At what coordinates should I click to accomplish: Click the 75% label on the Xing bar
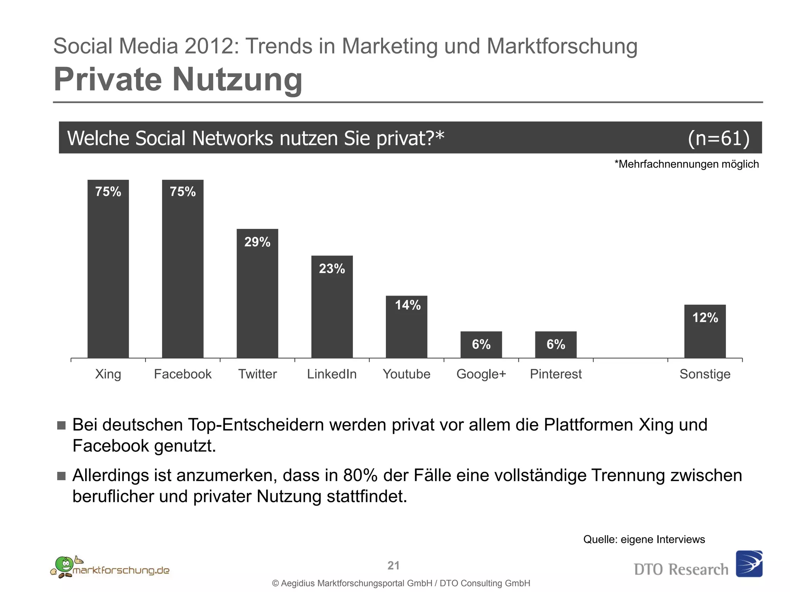pos(108,192)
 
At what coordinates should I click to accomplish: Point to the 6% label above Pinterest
pos(555,344)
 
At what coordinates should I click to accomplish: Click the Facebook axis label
pos(182,374)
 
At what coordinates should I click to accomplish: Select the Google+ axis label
pos(481,374)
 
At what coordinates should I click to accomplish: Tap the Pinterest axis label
pos(555,374)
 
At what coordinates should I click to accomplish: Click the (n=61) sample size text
pos(719,138)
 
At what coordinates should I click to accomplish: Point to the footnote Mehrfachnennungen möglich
pos(687,164)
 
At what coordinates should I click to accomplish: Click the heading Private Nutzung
pos(178,79)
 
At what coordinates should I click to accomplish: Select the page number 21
pos(393,565)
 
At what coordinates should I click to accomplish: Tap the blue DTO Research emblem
pos(749,563)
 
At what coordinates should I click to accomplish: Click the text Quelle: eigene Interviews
pos(644,539)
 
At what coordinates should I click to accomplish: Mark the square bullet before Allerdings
pos(61,476)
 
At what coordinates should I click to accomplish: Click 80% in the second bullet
pos(360,475)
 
